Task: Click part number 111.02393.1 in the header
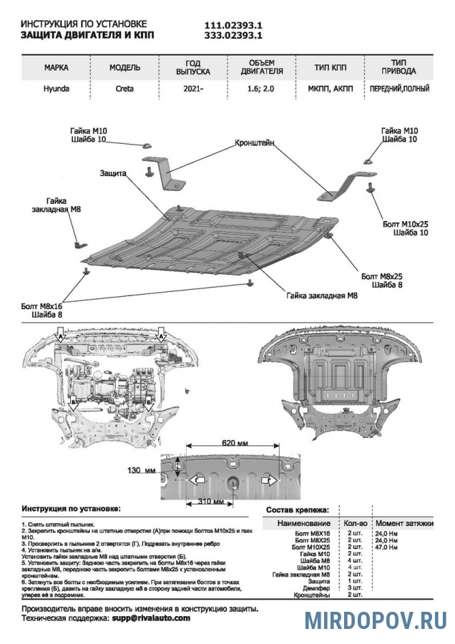click(x=234, y=23)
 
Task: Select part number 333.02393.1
click(x=234, y=34)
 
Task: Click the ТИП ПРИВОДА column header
click(x=399, y=67)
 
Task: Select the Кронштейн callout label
click(x=255, y=143)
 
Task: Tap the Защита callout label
click(x=114, y=174)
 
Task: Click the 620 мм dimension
click(x=233, y=444)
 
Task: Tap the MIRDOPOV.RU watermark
click(x=375, y=620)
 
